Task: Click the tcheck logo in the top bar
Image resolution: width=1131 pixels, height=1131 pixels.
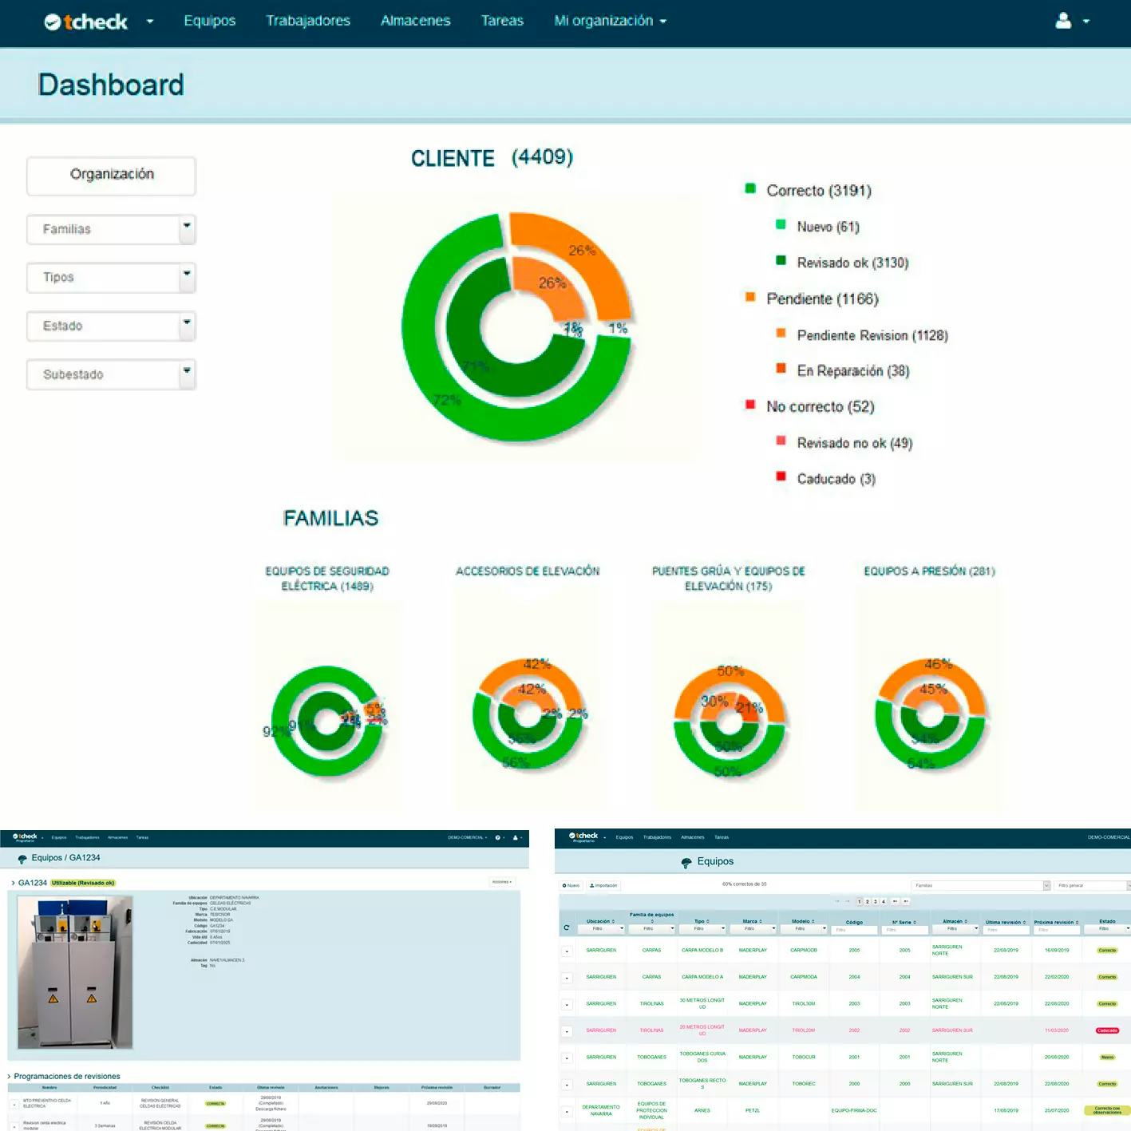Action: pos(86,22)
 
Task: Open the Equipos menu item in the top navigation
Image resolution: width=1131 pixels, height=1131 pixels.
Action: pos(210,21)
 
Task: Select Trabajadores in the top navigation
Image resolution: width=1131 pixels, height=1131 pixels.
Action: pos(308,21)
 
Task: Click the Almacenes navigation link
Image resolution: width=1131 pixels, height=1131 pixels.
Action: pos(415,21)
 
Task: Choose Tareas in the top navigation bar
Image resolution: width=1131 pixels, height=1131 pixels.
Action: pos(502,21)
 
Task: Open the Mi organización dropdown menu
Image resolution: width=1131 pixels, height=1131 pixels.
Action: pos(610,21)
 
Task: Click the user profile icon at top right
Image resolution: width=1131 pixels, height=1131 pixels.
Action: pos(1063,21)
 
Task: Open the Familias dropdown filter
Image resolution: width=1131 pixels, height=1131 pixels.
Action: pos(111,230)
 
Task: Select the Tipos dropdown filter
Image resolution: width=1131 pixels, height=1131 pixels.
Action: pos(111,278)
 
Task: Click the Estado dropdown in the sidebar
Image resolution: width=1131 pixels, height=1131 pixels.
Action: pos(111,326)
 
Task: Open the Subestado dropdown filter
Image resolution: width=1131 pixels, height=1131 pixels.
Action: pos(111,375)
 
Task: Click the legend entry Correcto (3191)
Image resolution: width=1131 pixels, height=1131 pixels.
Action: pos(818,191)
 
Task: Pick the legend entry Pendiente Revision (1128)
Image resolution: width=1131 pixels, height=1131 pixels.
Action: pos(872,336)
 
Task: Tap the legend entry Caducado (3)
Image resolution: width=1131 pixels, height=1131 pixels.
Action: pos(836,479)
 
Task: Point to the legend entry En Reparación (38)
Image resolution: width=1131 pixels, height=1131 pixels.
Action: pos(852,371)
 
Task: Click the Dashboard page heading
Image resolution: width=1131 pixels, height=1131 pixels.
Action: pos(111,85)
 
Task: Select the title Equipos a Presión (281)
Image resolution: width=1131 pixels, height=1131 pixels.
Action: pos(929,571)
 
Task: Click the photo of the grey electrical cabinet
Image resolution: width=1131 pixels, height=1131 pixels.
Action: pos(75,972)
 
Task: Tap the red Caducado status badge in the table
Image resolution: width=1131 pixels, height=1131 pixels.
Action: pos(1107,1030)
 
